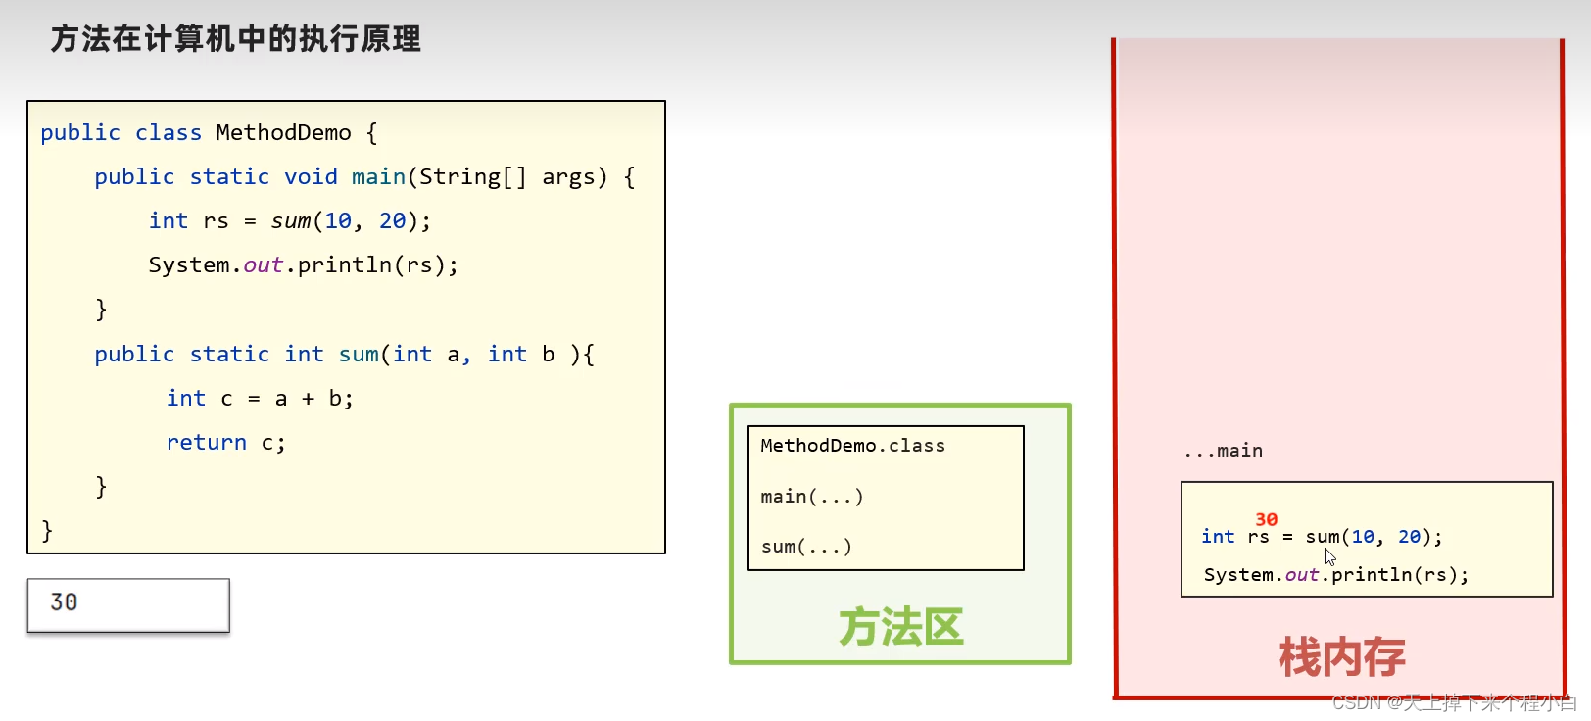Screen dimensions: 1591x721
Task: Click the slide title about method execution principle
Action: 235,39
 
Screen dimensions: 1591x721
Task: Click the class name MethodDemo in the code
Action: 283,132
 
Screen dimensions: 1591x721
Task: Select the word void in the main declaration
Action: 311,176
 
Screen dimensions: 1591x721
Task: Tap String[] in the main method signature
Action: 473,176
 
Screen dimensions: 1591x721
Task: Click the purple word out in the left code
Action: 263,265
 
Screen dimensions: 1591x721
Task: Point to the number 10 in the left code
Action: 338,221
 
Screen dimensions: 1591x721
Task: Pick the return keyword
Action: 206,443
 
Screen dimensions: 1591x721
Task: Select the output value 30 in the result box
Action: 64,602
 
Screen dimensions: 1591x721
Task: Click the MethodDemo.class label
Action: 852,446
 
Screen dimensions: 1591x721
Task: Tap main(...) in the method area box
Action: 811,497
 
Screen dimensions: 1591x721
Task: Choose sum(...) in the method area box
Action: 805,547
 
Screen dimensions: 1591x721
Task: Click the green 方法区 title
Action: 900,627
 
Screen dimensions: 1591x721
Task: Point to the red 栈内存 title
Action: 1341,657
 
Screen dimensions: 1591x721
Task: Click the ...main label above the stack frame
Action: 1224,451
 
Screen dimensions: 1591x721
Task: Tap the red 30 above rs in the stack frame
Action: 1266,519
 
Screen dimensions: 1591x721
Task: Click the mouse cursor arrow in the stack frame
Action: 1329,556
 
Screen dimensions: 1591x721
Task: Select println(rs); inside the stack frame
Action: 1399,575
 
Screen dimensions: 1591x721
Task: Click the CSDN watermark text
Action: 1454,702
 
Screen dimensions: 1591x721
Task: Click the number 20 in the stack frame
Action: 1409,537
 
